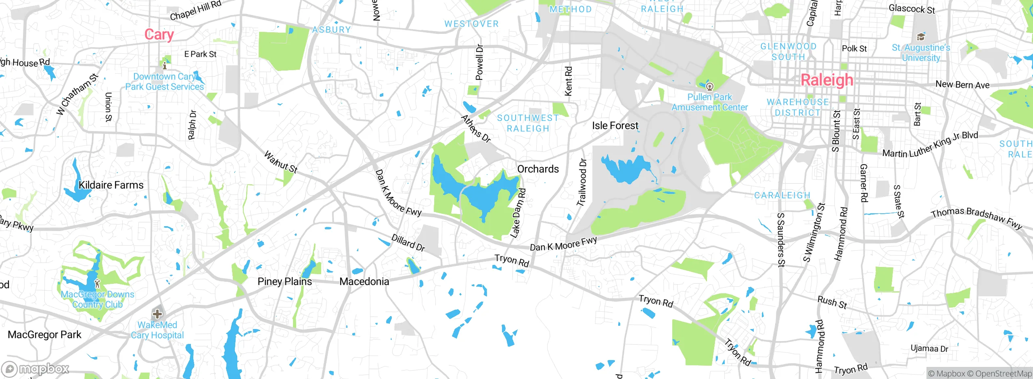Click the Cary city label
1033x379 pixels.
[159, 35]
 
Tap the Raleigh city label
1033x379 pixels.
[827, 80]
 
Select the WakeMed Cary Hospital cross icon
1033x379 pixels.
[157, 314]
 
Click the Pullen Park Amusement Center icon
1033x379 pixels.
[709, 86]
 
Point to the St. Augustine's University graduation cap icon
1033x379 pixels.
[921, 37]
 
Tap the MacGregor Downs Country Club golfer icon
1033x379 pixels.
[97, 283]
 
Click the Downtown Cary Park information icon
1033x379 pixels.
[164, 65]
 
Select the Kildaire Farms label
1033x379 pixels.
[111, 185]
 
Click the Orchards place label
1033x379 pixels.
[538, 169]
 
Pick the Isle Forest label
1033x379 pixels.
[615, 126]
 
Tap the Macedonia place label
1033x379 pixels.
[364, 281]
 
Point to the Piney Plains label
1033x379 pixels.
[284, 281]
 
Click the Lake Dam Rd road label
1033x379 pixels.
[518, 213]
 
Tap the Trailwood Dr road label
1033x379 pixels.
[582, 182]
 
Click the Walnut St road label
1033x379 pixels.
[281, 162]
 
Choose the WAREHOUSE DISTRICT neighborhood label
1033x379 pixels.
[797, 107]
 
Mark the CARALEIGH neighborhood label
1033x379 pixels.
[782, 196]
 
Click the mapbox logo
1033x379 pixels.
[36, 369]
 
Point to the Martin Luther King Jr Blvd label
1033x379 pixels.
[930, 144]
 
